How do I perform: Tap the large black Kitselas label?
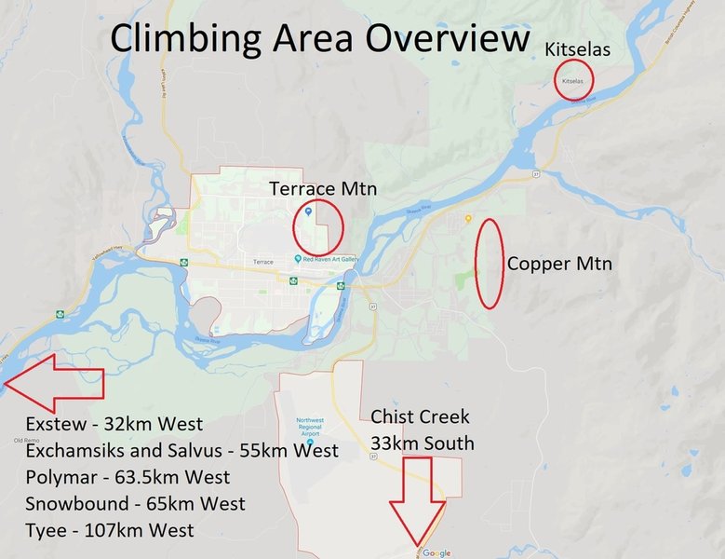click(x=578, y=48)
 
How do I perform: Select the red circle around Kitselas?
click(x=573, y=80)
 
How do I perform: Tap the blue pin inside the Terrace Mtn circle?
click(x=308, y=212)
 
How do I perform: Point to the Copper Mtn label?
click(x=559, y=265)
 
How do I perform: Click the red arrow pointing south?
click(x=417, y=503)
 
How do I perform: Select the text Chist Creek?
click(x=420, y=416)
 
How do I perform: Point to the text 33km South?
click(x=422, y=443)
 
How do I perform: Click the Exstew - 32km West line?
click(x=114, y=426)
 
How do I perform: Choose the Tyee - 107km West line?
click(x=111, y=530)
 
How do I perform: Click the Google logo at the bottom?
click(x=436, y=552)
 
